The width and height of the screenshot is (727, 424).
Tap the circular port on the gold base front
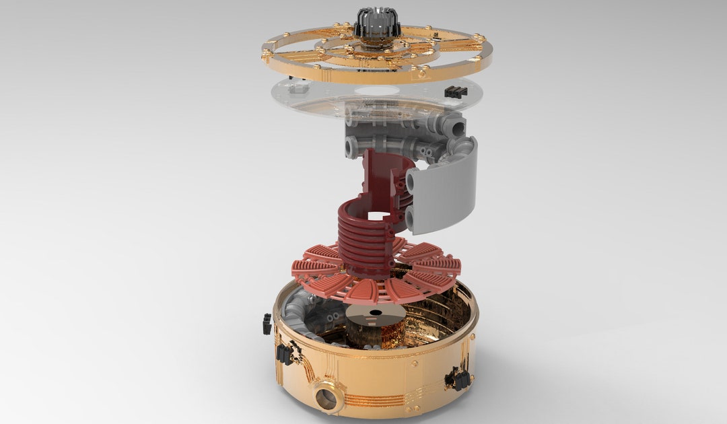(327, 398)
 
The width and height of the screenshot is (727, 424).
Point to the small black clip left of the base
(267, 324)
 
